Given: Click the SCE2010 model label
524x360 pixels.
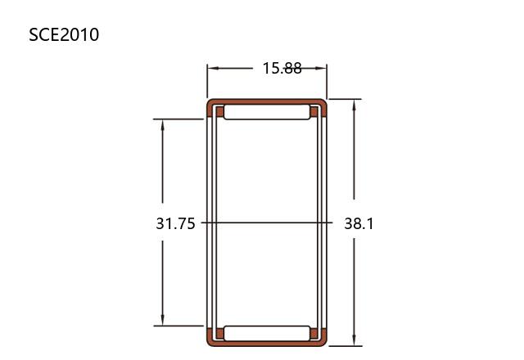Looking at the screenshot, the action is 64,34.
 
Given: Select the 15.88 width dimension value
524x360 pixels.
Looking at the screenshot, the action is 282,68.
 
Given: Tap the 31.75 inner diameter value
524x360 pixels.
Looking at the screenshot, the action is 175,223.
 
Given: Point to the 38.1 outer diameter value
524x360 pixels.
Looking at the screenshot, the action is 359,223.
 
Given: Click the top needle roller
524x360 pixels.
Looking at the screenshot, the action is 267,112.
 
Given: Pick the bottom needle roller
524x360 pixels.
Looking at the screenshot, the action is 267,333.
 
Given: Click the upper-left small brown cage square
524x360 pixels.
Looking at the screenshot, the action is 219,112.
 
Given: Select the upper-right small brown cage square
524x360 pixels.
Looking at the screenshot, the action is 314,112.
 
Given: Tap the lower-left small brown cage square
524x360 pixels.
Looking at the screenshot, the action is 219,333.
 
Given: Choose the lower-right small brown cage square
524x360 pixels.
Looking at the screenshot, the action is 314,333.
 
